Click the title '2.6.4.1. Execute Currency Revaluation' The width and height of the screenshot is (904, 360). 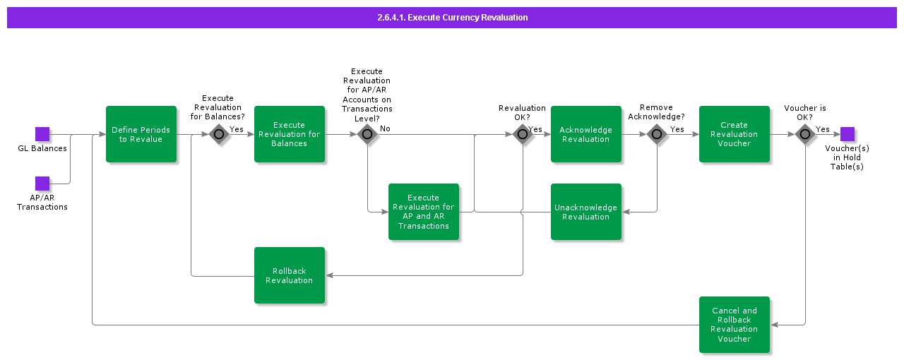tap(452, 18)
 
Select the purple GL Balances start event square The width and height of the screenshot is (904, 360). tap(42, 134)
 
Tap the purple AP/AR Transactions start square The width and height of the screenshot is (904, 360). tap(42, 184)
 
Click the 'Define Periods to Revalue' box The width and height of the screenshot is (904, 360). tap(141, 134)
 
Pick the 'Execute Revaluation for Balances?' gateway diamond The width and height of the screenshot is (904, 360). tap(219, 134)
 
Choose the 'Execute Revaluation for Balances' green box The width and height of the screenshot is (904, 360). tap(290, 134)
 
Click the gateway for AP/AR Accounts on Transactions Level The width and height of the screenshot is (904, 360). tap(367, 134)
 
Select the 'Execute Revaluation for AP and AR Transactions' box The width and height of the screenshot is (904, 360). tap(424, 212)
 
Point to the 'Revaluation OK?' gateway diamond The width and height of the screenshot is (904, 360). tap(523, 134)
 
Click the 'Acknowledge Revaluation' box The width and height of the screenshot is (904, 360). tap(586, 134)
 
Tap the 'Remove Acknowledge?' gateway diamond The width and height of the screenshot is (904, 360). tap(657, 134)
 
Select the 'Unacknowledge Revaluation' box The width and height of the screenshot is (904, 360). tap(586, 212)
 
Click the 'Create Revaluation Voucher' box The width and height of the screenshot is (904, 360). tap(734, 134)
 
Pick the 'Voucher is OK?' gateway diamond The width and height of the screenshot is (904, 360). tap(805, 134)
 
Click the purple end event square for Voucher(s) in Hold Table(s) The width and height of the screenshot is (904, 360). tap(847, 134)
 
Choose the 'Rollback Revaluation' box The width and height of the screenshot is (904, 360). tap(290, 275)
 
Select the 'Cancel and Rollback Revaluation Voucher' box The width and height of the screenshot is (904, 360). tap(734, 325)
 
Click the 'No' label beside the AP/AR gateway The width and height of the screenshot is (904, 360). tap(385, 128)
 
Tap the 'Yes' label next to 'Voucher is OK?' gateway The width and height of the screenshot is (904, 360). tap(823, 129)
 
